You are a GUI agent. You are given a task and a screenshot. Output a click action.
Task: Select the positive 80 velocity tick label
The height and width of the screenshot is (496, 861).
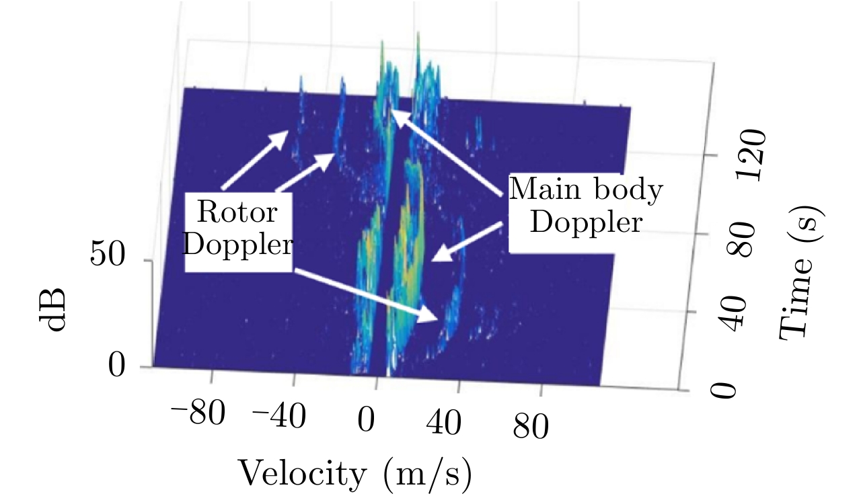point(532,426)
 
